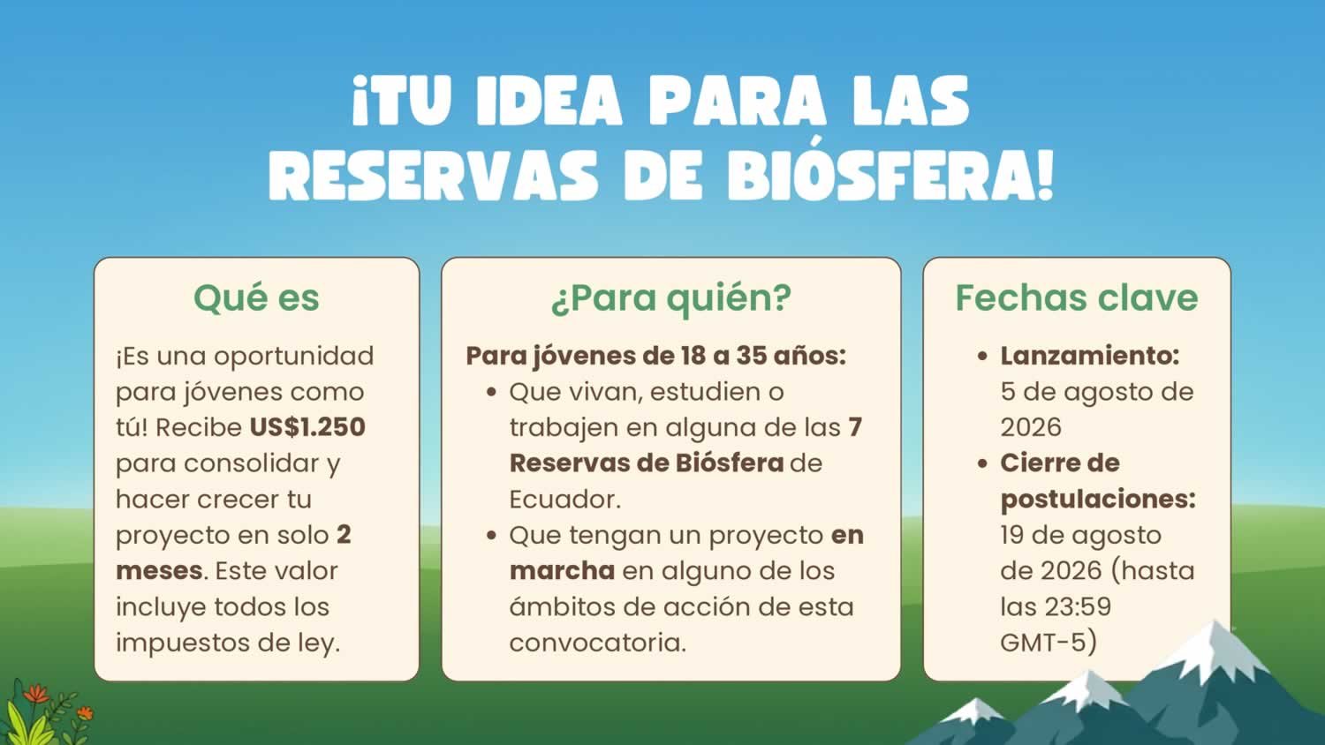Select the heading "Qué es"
(x=256, y=297)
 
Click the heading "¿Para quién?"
(x=670, y=298)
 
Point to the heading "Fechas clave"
(x=1077, y=297)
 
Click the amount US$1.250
(x=307, y=427)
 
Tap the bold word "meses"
(x=160, y=571)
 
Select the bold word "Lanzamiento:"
(x=1089, y=356)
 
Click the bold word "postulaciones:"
(x=1098, y=500)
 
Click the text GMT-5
(x=1043, y=643)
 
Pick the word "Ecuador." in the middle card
(x=565, y=500)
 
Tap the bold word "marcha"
(x=562, y=571)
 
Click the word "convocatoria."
(x=597, y=643)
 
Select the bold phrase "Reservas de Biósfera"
(x=647, y=463)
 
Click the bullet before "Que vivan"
(x=491, y=392)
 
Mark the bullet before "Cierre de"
(x=982, y=463)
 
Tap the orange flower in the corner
(x=37, y=693)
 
